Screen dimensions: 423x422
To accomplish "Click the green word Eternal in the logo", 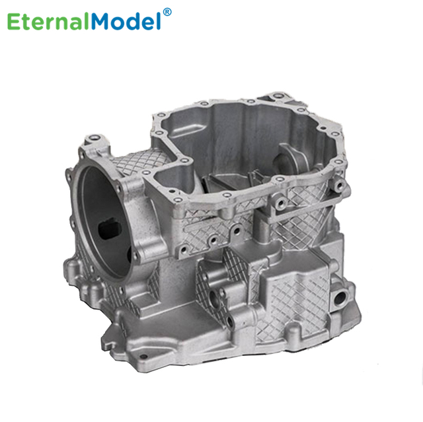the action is click(48, 21).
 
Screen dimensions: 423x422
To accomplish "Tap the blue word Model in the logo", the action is click(126, 20).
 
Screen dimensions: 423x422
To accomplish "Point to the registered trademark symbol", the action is click(167, 12).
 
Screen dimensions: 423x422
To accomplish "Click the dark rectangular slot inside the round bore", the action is click(109, 230).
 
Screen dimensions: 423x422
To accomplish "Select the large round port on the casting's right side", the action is click(340, 297).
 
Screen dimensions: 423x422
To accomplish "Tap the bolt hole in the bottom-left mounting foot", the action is click(144, 357).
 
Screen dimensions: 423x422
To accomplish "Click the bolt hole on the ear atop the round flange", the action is click(94, 138).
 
